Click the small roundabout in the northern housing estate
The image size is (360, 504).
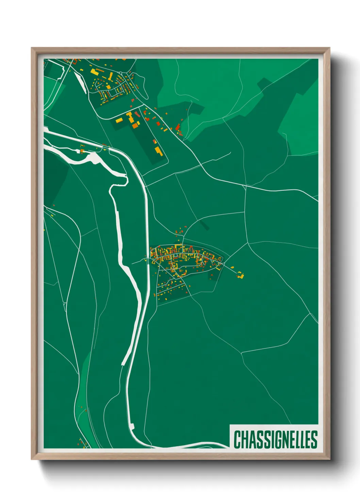pyautogui.click(x=120, y=73)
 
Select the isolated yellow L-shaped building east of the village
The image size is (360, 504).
pyautogui.click(x=241, y=275)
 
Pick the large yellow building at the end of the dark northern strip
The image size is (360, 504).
pyautogui.click(x=158, y=151)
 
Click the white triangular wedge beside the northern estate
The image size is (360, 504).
pyautogui.click(x=80, y=82)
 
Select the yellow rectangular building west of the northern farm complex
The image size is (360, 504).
pyautogui.click(x=119, y=120)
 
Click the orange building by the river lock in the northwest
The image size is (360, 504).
pyautogui.click(x=82, y=150)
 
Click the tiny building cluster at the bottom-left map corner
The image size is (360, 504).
pyautogui.click(x=82, y=443)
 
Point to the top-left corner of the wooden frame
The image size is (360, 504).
pyautogui.click(x=32, y=48)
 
